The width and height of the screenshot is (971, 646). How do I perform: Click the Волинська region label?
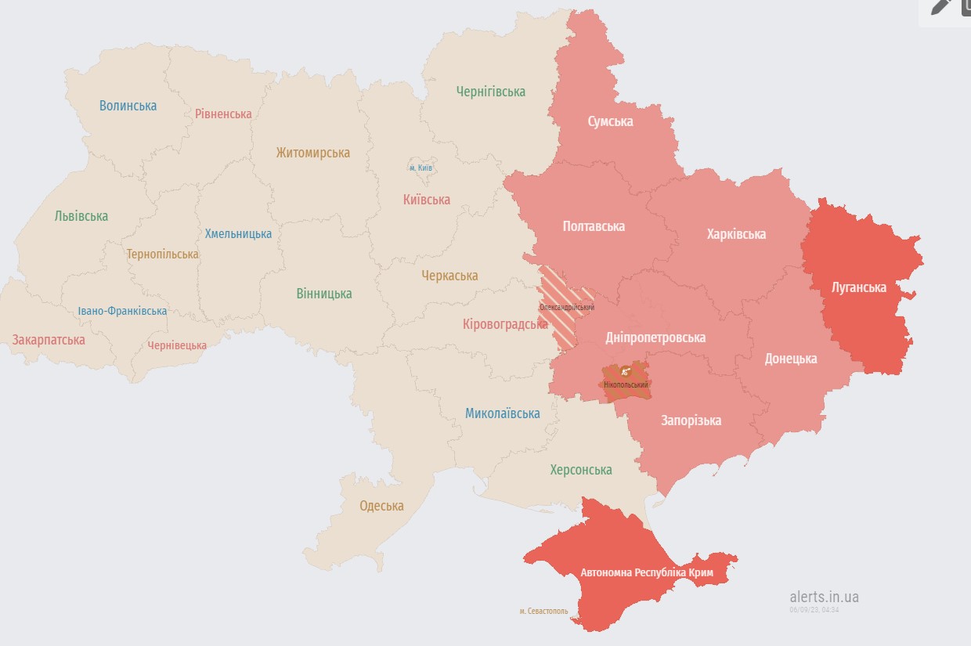[x=128, y=106]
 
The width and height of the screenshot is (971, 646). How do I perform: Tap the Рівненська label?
[x=223, y=114]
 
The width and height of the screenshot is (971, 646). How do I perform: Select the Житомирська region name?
[x=312, y=153]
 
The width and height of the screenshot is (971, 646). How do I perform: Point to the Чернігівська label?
[x=490, y=92]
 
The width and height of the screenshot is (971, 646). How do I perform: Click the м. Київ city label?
[x=421, y=168]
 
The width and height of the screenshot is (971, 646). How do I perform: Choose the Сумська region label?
[x=610, y=121]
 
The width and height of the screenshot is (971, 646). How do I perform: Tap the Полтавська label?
[x=594, y=226]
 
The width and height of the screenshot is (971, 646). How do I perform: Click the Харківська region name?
[x=736, y=234]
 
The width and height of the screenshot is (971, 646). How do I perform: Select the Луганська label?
[x=858, y=287]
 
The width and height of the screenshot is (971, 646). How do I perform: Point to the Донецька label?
[x=790, y=359]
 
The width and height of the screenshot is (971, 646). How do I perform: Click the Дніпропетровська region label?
[x=655, y=337]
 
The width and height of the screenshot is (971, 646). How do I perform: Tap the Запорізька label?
[x=691, y=420]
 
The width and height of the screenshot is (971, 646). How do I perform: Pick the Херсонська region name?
[x=580, y=470]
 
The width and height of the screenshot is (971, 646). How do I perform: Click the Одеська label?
[x=381, y=506]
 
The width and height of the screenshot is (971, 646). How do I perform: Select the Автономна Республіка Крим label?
[x=647, y=572]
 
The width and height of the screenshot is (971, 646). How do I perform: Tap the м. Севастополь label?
[x=543, y=611]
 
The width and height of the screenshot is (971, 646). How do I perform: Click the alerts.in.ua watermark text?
[x=824, y=597]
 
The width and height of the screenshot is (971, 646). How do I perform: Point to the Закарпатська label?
[x=49, y=340]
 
